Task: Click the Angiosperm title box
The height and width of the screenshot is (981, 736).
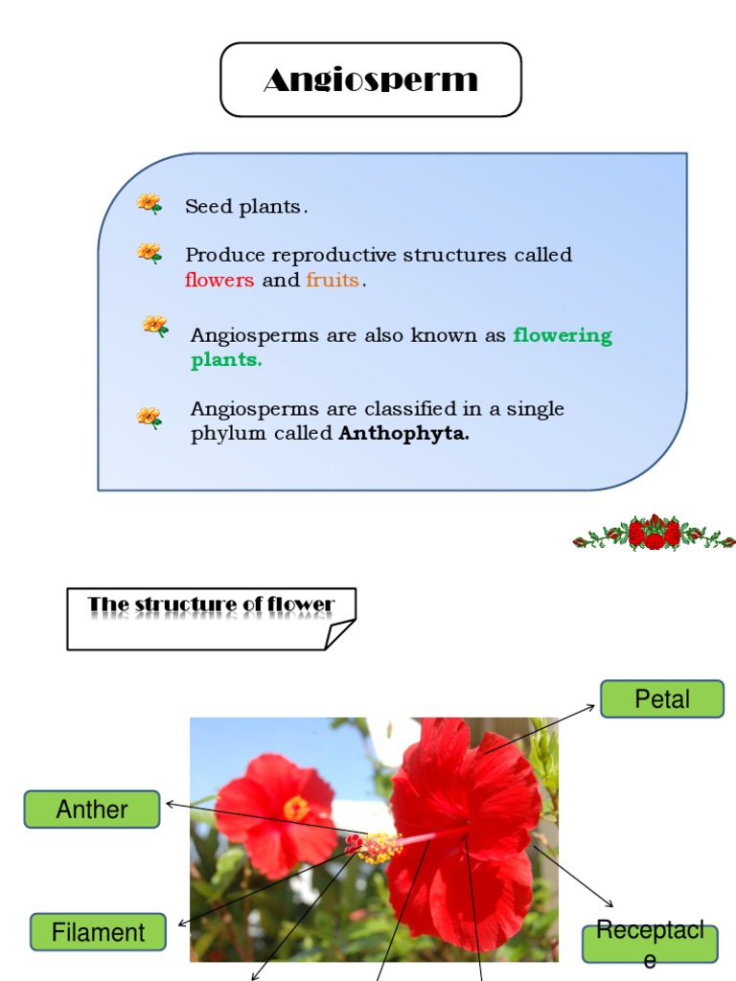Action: tap(371, 80)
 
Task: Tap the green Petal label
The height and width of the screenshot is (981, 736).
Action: tap(661, 699)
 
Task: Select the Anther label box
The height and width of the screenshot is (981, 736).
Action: tap(92, 810)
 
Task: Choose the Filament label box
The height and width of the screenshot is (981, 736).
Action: tap(98, 932)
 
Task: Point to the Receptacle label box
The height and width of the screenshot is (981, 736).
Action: tap(650, 944)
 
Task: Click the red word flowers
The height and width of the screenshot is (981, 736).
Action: tap(219, 281)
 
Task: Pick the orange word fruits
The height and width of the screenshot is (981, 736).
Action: tap(333, 281)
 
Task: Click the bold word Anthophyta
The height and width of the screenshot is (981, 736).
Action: tap(404, 434)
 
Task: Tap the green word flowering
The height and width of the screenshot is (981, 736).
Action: tap(563, 335)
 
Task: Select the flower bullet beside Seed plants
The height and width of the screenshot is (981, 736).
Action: tap(149, 203)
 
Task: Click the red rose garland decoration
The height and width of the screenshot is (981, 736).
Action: tap(654, 533)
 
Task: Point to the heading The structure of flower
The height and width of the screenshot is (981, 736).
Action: tap(211, 605)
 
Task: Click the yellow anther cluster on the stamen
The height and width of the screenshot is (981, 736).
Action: tap(379, 847)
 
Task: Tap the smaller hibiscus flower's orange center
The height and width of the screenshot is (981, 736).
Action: tap(296, 809)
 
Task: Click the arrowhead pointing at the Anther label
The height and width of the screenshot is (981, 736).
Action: tap(170, 804)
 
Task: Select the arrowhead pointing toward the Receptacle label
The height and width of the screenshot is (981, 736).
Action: tap(610, 902)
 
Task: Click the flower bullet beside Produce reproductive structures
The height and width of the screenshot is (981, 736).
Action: tap(149, 253)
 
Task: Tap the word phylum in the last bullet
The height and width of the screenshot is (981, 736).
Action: tap(224, 434)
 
